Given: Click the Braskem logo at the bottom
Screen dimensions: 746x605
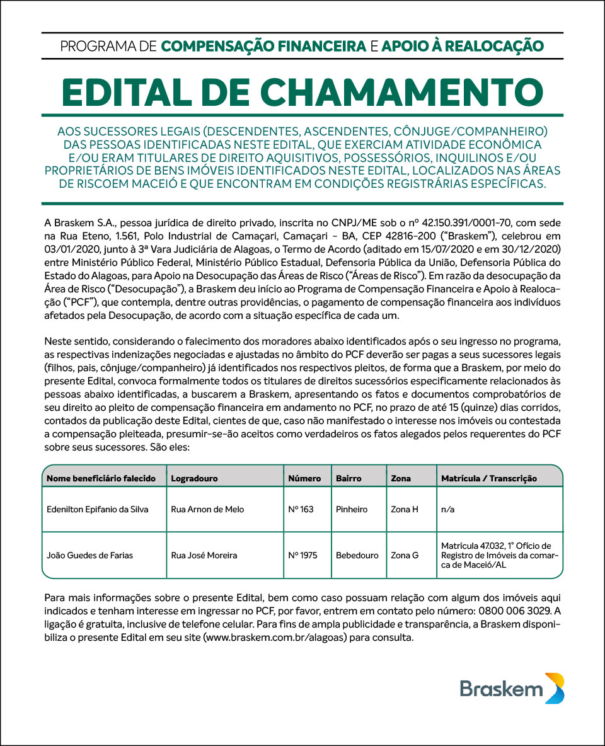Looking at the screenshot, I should click(x=512, y=688).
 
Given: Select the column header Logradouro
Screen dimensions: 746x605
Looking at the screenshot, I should click(x=194, y=478).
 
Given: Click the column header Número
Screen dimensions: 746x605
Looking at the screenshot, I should click(x=304, y=478).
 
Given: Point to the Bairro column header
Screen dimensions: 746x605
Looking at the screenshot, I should click(x=349, y=478).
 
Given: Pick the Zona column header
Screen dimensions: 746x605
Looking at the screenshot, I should click(x=401, y=478).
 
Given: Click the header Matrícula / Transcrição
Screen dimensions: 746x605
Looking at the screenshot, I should click(x=489, y=478).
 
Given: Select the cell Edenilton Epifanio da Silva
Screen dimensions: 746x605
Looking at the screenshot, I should click(x=98, y=509).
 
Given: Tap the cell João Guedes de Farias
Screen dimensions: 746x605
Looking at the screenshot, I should click(x=90, y=555).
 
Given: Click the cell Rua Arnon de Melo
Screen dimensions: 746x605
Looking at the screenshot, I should click(x=207, y=509).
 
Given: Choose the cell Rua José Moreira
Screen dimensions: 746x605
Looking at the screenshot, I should click(x=204, y=555).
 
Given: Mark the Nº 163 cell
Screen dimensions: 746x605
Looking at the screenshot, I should click(x=301, y=509).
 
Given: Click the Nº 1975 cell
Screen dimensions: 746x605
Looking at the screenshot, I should click(x=302, y=555).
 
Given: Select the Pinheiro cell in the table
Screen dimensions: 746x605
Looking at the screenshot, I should click(x=352, y=509).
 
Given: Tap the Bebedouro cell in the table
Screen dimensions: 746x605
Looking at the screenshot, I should click(x=357, y=555).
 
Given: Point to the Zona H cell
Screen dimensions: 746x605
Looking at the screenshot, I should click(x=405, y=509).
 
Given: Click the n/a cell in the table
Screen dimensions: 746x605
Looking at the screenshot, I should click(x=447, y=509).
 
